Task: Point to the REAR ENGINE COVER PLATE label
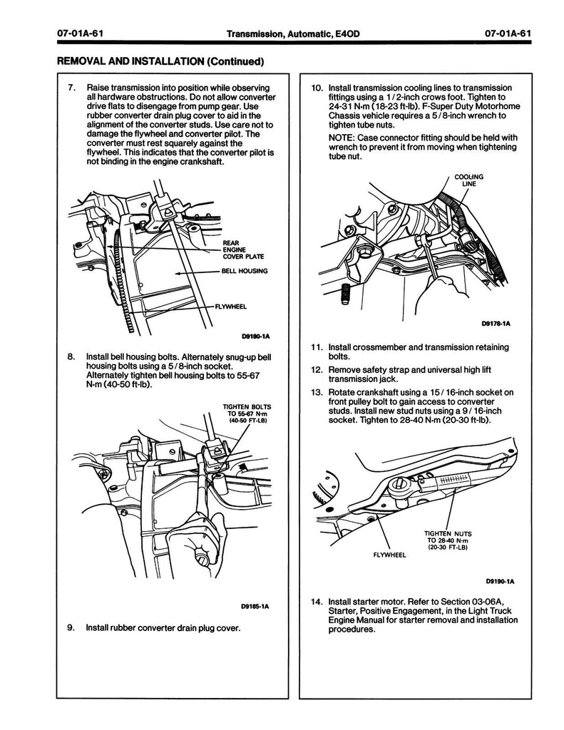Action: (x=237, y=250)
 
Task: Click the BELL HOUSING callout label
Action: (x=244, y=271)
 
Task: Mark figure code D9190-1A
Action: (x=500, y=580)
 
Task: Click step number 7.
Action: (x=71, y=87)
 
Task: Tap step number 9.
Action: (x=71, y=628)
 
